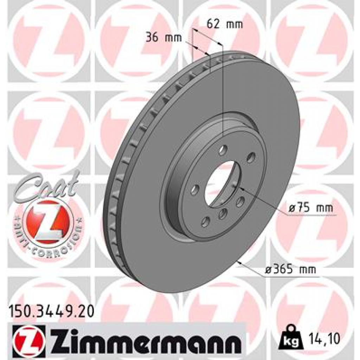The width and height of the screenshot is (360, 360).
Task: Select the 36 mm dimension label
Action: pyautogui.click(x=164, y=37)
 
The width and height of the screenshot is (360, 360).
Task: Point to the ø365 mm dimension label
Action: pyautogui.click(x=290, y=270)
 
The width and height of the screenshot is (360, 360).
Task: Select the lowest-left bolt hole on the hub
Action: pyautogui.click(x=205, y=221)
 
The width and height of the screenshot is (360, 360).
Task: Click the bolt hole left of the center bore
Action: pyautogui.click(x=195, y=190)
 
